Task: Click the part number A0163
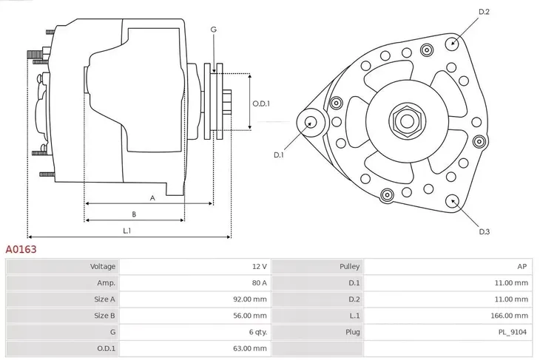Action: tap(21, 250)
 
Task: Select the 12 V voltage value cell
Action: tap(259, 266)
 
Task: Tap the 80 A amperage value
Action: tap(259, 282)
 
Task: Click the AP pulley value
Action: tap(522, 266)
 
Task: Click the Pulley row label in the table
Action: tap(350, 266)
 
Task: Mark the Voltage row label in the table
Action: tap(103, 266)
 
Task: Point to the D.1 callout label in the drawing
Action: tap(279, 154)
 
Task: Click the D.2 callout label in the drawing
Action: tap(485, 12)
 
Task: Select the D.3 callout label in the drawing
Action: tap(485, 231)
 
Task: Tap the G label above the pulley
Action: tap(213, 30)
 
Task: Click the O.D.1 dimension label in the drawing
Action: tap(260, 103)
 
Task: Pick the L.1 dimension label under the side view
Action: tap(127, 231)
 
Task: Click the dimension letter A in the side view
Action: tap(152, 197)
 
